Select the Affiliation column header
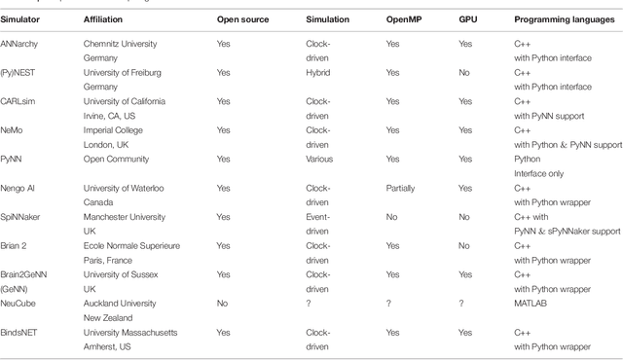(x=105, y=18)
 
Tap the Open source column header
(x=243, y=18)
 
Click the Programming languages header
(x=560, y=18)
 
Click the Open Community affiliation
(x=116, y=159)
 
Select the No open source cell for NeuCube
(x=221, y=303)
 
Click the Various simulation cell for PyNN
(x=319, y=159)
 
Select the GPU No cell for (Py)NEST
(x=464, y=73)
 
